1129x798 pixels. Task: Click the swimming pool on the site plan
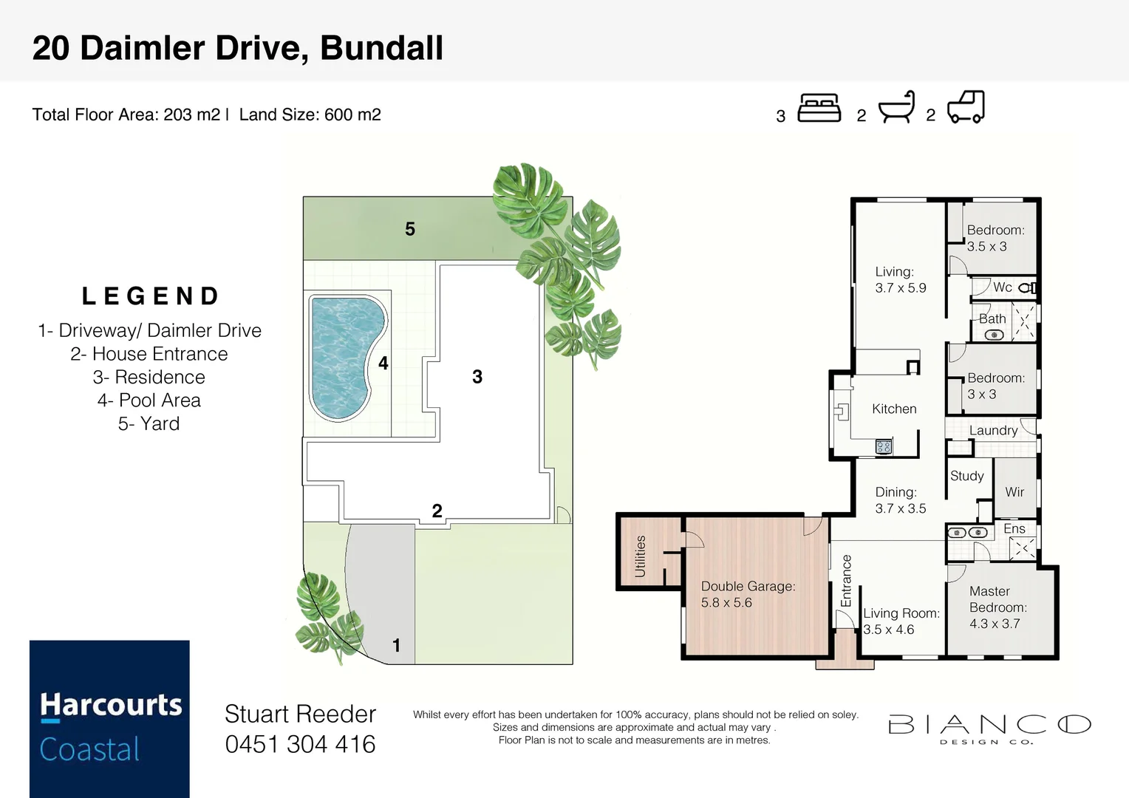344,355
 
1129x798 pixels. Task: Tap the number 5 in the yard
410,229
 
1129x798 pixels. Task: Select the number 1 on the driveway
396,646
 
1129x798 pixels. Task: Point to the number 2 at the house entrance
437,511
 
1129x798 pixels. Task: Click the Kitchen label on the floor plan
894,409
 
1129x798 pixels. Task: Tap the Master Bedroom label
997,607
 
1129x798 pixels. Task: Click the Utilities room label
640,556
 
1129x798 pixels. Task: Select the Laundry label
993,430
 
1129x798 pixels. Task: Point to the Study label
966,476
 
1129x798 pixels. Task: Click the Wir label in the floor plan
1014,491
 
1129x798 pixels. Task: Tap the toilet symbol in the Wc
1027,287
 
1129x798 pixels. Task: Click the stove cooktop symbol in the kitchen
883,446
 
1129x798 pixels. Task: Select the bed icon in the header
819,108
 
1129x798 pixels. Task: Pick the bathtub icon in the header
896,108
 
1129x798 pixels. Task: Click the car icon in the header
966,107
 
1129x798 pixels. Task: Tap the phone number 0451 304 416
300,744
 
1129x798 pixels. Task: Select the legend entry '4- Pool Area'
149,400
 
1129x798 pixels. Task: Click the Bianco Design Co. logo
989,728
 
